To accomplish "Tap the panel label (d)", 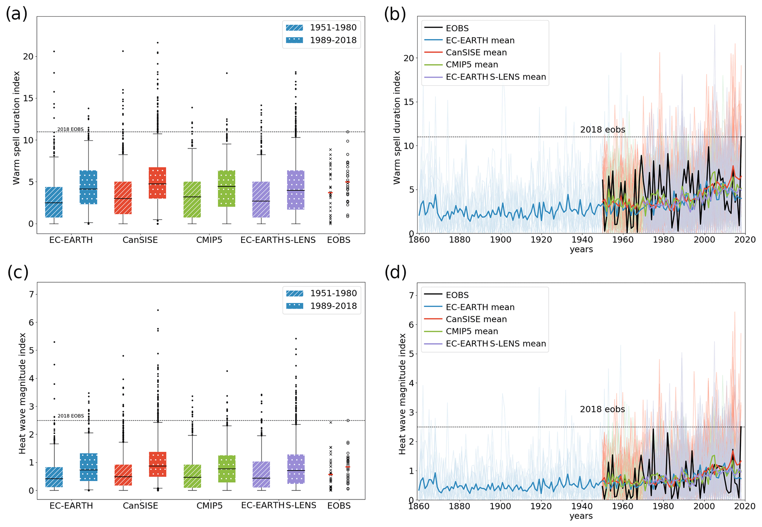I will (395, 272).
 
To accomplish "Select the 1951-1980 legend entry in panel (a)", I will (321, 28).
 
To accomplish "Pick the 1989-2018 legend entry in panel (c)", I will (321, 306).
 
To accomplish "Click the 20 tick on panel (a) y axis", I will (28, 56).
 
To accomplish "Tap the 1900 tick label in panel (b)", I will (500, 240).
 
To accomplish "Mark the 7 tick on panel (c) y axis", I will (31, 294).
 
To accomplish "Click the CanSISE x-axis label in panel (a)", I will (140, 240).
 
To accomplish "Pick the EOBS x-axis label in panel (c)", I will (339, 506).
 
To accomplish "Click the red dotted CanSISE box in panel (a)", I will (157, 183).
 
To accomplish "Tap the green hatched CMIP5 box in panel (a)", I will (192, 199).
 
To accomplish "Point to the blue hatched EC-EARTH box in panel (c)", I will (54, 477).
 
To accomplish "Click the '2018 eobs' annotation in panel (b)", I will (602, 130).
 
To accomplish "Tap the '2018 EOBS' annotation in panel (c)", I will (70, 416).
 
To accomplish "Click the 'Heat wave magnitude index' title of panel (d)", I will (402, 394).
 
